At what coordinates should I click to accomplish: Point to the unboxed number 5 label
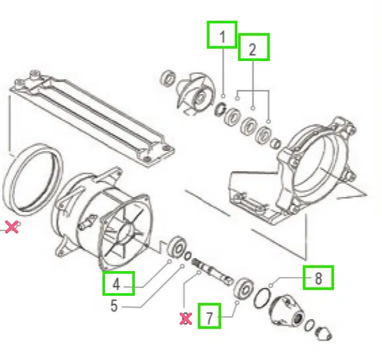113,306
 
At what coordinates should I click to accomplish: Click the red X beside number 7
186,318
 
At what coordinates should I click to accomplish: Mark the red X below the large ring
11,226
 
